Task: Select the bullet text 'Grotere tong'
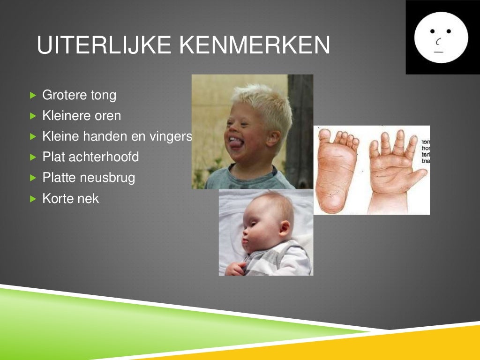[79, 95]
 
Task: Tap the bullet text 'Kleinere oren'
[82, 116]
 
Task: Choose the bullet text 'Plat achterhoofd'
[90, 157]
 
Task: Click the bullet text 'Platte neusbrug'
[89, 178]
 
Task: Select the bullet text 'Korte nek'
[71, 198]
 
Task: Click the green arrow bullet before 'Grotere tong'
[33, 95]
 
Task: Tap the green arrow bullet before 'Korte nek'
[33, 198]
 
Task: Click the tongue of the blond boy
[235, 143]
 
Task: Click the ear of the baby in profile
[284, 228]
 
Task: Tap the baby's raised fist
[234, 268]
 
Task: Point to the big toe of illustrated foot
[324, 135]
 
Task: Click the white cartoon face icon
[441, 37]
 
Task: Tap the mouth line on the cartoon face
[439, 52]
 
